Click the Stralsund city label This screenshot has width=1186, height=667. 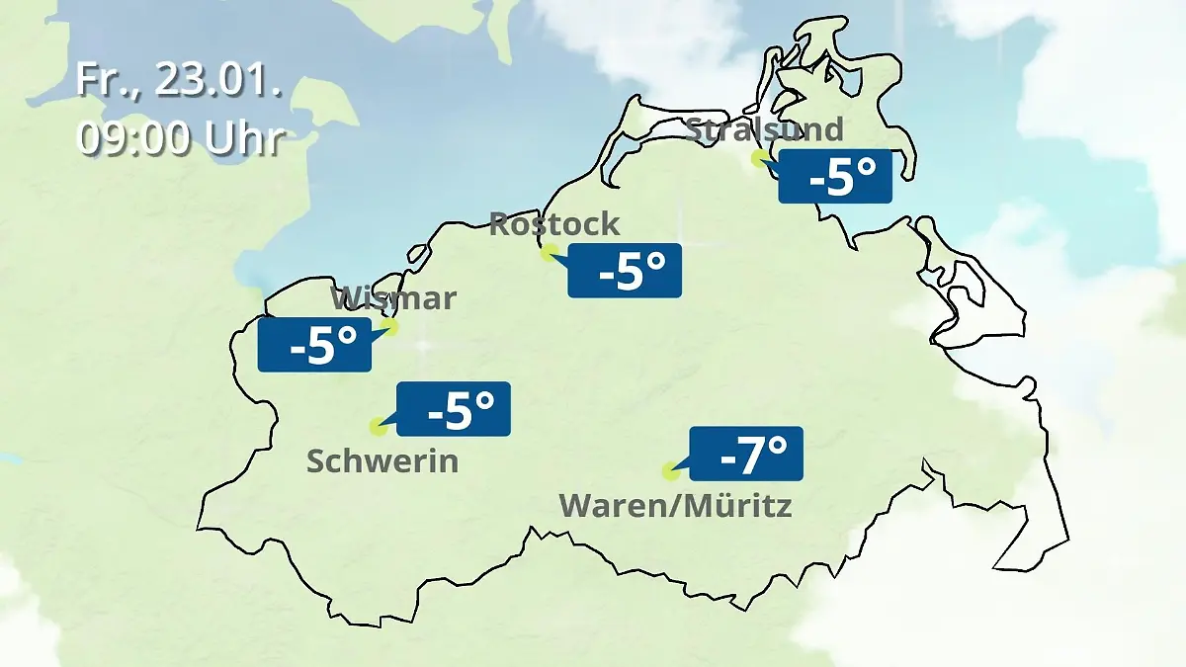(764, 129)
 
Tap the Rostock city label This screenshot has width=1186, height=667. (554, 224)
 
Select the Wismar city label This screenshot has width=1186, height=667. (393, 297)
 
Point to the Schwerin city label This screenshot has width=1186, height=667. (382, 460)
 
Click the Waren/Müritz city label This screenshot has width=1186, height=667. (675, 506)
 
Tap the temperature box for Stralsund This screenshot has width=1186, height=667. (835, 178)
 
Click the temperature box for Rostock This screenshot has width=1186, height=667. (625, 271)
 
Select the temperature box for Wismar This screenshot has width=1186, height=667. (314, 345)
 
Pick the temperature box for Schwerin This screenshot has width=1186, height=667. (454, 409)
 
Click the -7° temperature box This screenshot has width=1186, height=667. (746, 455)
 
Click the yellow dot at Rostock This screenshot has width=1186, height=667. (549, 253)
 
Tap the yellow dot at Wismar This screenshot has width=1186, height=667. (389, 326)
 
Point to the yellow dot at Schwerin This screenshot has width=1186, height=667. (377, 427)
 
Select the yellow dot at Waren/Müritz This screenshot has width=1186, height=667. (670, 471)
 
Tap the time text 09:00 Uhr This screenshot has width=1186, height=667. (181, 138)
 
